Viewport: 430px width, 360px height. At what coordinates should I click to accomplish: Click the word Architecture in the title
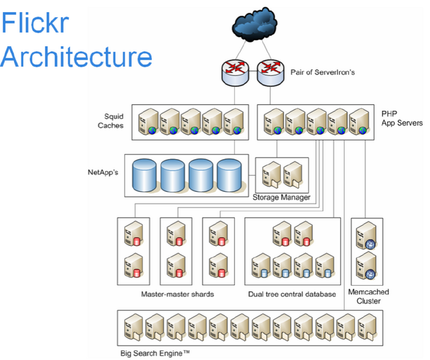(x=76, y=56)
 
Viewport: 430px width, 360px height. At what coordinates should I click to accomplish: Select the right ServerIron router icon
(x=270, y=71)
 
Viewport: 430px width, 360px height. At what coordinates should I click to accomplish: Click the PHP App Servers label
(x=401, y=118)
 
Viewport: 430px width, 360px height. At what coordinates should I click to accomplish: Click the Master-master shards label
(x=177, y=295)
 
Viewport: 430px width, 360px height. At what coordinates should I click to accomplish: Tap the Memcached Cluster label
(x=368, y=296)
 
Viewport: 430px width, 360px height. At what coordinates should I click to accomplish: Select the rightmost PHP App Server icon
(x=359, y=122)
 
